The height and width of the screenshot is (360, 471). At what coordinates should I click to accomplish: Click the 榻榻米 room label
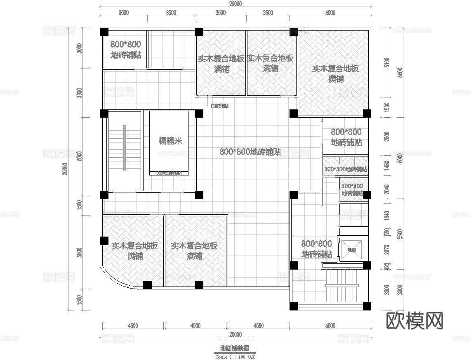point(170,141)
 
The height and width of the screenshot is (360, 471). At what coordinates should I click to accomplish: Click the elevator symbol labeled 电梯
point(351,250)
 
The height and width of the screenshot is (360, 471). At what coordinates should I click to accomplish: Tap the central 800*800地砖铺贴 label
point(250,152)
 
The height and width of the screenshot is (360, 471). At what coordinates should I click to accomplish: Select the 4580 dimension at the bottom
point(259,325)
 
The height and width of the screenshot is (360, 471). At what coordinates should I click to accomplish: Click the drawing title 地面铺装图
point(235,348)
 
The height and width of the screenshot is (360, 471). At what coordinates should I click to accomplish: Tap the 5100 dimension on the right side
point(386,62)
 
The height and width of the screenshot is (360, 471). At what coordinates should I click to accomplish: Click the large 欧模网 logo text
point(415,320)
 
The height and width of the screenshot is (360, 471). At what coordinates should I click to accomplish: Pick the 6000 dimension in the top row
point(330,13)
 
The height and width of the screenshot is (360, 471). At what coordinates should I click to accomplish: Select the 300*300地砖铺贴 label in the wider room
point(346,170)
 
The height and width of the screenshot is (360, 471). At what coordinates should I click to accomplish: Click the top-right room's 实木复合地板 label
point(335,69)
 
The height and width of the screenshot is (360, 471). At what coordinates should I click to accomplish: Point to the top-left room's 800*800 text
point(125,44)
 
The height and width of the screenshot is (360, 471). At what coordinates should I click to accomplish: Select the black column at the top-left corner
point(104,32)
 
